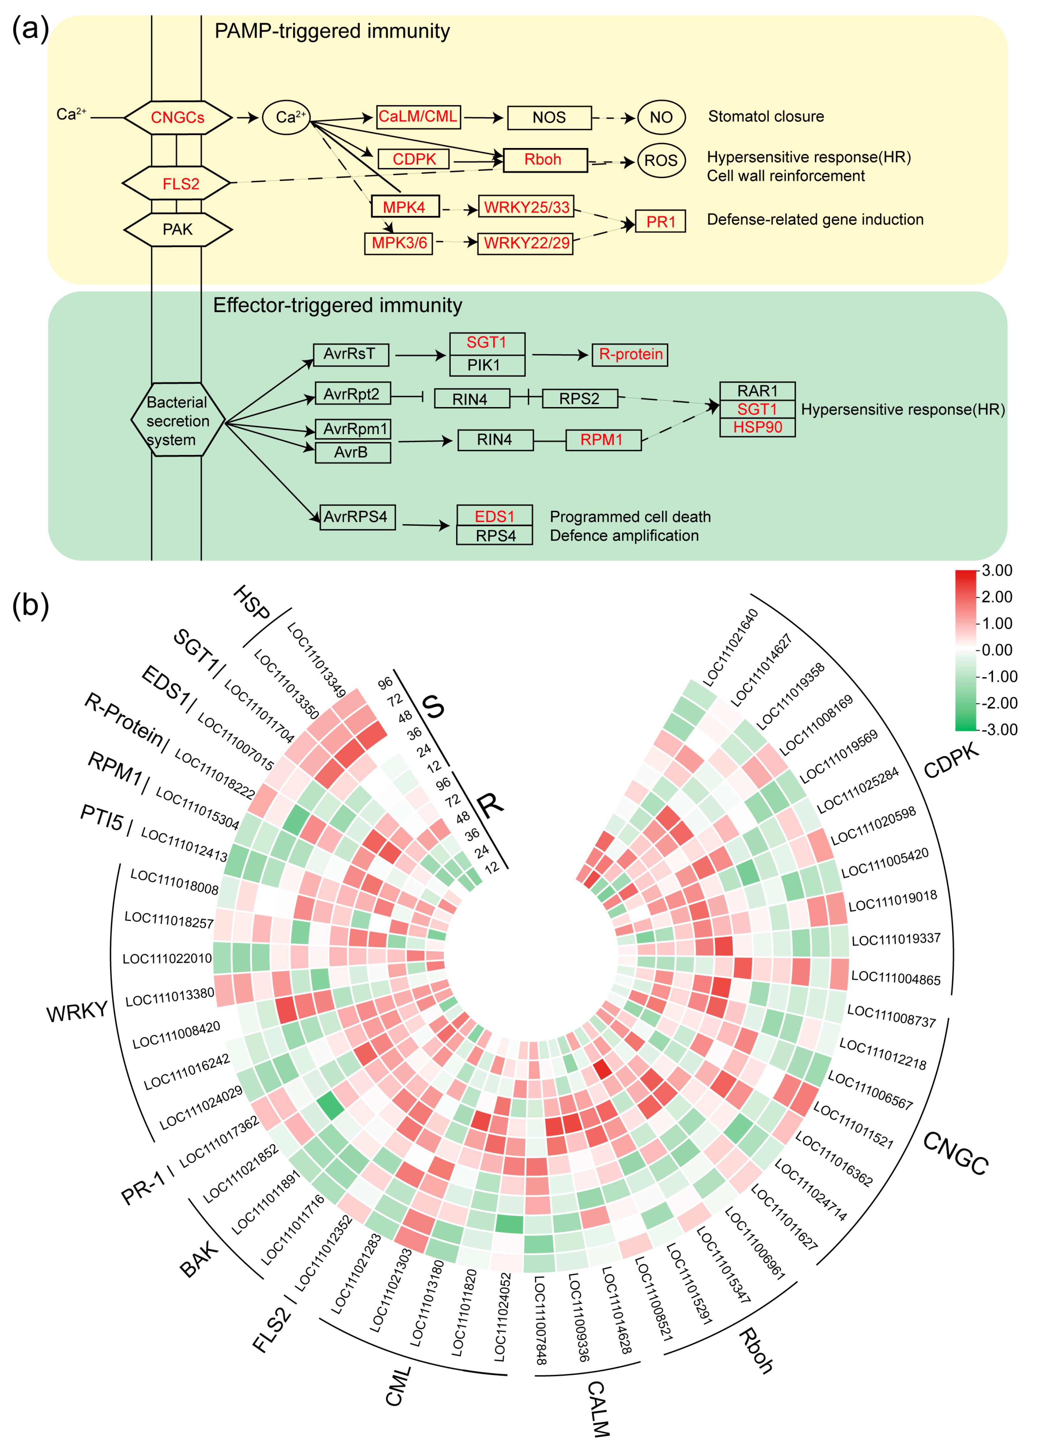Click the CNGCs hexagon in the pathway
(178, 117)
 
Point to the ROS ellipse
(661, 160)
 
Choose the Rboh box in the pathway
(545, 160)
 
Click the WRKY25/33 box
(526, 207)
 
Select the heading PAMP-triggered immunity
(332, 31)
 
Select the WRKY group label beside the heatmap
(77, 1012)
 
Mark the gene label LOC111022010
(167, 959)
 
